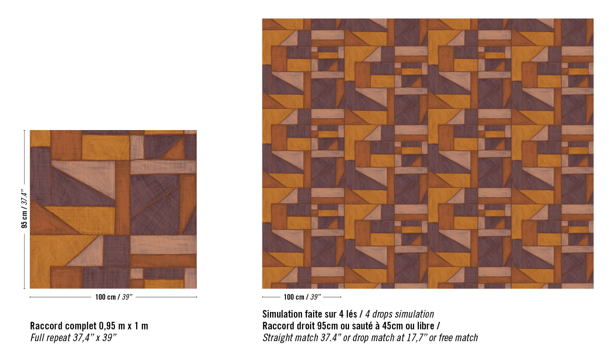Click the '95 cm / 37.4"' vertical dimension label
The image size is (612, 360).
24,209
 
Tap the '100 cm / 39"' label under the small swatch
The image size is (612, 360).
114,297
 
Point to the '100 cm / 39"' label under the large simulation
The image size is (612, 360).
302,297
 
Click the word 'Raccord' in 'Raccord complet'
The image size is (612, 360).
46,326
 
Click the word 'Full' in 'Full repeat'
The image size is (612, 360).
37,338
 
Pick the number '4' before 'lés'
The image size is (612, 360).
341,314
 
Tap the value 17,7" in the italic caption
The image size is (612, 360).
416,338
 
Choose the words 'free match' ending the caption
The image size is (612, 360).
458,338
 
